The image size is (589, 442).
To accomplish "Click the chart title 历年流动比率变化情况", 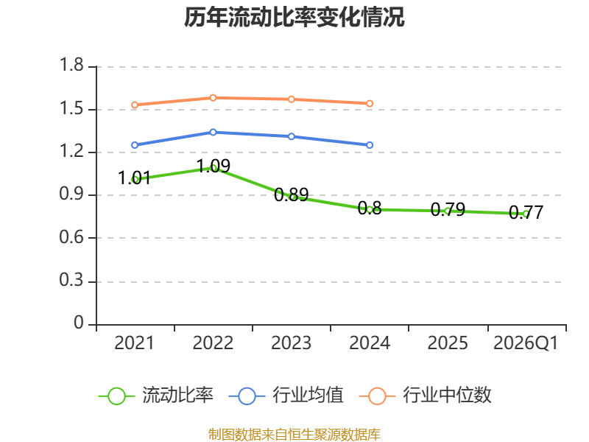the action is tap(294, 17).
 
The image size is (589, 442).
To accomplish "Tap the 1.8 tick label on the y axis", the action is tap(71, 65).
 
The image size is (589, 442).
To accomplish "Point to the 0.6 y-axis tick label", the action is tap(71, 237).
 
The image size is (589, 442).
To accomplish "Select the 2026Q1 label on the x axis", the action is tap(526, 343).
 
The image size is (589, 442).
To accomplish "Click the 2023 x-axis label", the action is tap(291, 343).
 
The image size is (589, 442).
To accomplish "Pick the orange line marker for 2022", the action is tap(213, 98).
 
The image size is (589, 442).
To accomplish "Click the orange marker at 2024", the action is tap(370, 103).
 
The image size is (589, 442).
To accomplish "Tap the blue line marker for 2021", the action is tap(135, 145).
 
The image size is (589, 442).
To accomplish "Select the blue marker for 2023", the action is tap(291, 136).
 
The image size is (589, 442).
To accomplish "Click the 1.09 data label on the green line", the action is tap(214, 166).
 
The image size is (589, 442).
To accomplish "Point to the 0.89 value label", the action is tap(291, 194).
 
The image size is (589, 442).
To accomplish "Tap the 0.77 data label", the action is tap(526, 212).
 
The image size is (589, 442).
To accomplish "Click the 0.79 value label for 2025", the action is tap(448, 209).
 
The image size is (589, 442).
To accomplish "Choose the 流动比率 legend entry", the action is tap(156, 396).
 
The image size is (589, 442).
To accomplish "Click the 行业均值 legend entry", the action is tap(286, 396).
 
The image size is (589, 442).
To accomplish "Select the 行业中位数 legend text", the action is tap(447, 396).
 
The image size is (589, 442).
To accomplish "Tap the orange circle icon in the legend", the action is tap(377, 396).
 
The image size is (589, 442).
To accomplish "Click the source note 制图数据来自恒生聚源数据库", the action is tap(294, 435).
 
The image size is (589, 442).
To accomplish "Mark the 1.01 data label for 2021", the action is tap(134, 178).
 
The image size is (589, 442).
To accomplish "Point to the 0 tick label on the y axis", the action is tap(79, 323).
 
